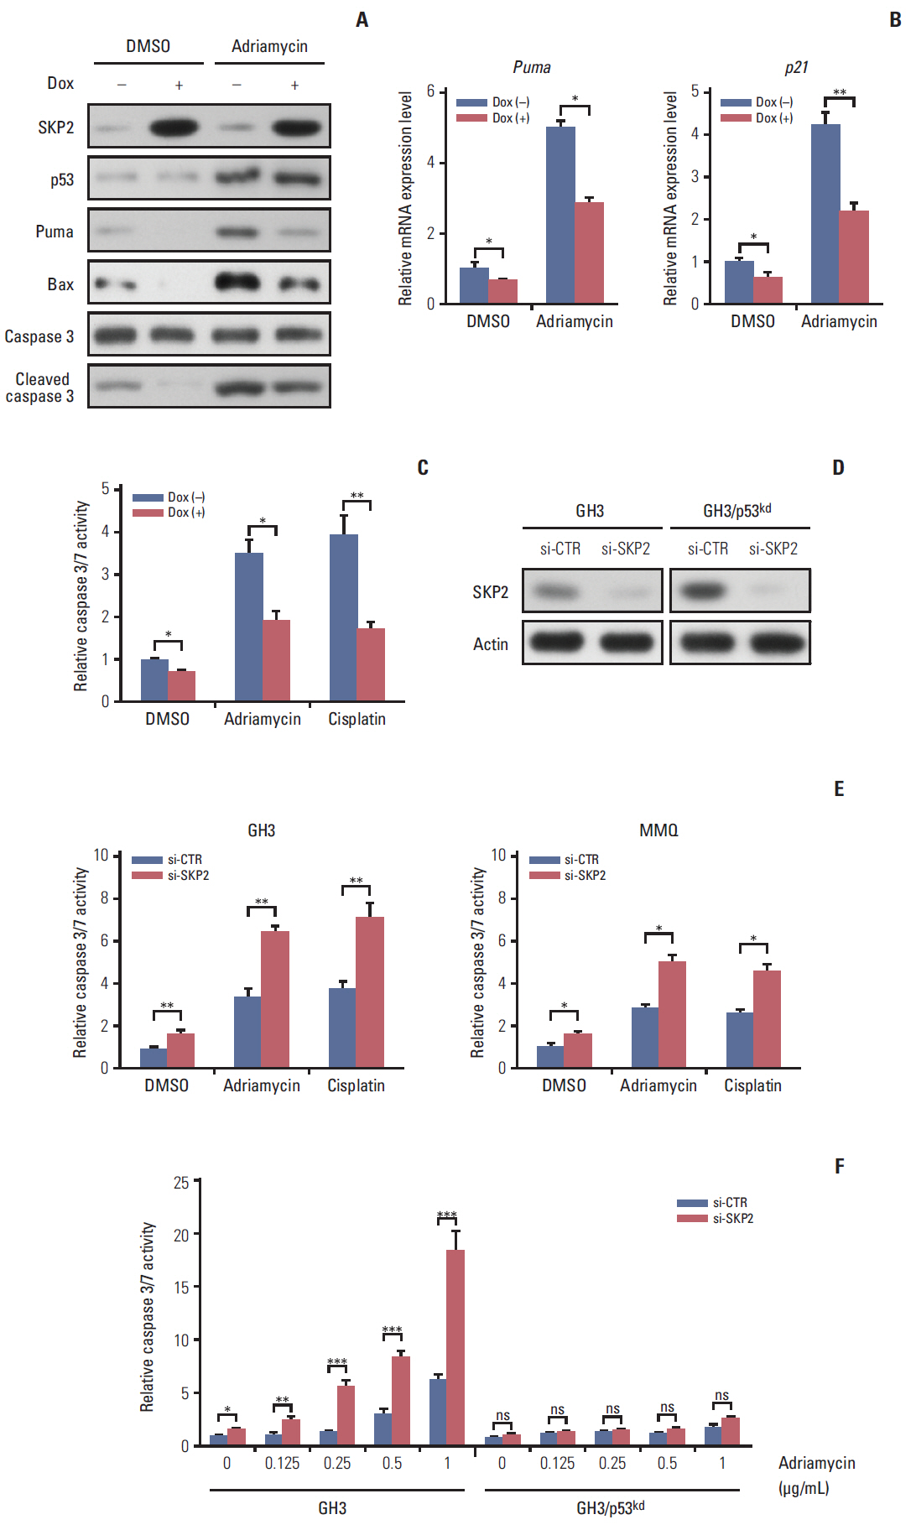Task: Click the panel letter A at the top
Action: coord(362,19)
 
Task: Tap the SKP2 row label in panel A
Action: coord(55,127)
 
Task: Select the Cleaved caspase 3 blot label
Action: coord(40,388)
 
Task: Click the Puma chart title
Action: coord(532,67)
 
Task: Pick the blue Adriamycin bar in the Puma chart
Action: coord(560,215)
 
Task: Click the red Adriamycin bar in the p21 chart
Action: coord(854,257)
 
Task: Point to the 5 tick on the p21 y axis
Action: coord(695,91)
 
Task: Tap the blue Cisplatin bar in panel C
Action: coord(343,617)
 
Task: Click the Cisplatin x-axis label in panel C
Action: coord(357,719)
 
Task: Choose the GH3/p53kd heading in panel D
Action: coord(736,511)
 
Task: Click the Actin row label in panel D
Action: coord(491,644)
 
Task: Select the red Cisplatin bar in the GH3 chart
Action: coord(370,991)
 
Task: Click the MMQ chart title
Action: coord(658,830)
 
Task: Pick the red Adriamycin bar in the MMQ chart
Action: coord(672,1014)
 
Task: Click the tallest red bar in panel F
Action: coord(455,1346)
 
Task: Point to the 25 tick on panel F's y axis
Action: coord(181,1183)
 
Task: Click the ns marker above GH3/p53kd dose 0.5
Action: coord(667,1408)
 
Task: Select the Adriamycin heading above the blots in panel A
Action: coord(269,46)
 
